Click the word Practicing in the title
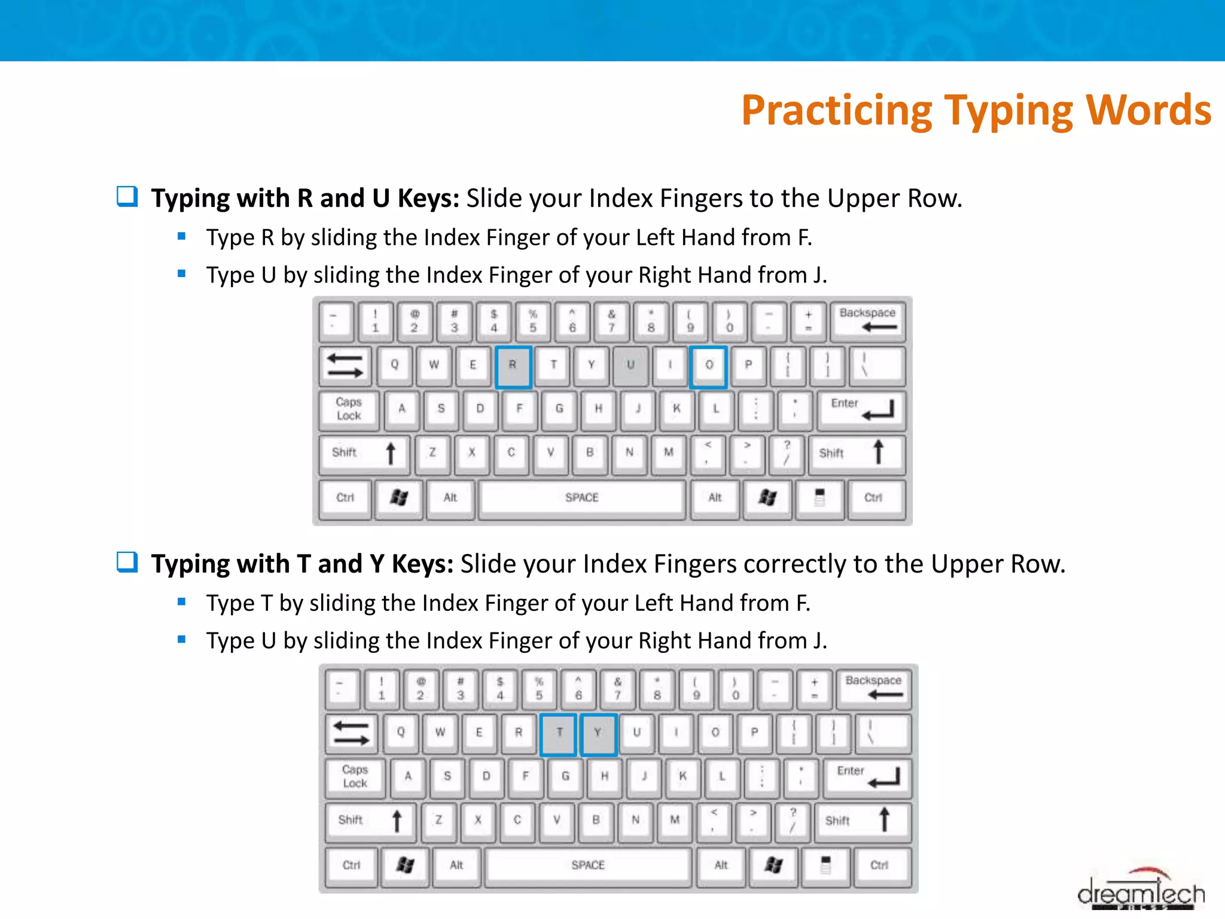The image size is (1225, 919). click(836, 111)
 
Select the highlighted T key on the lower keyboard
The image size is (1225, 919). click(559, 734)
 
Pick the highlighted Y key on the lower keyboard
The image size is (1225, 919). click(598, 734)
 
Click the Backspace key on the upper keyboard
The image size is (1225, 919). click(867, 320)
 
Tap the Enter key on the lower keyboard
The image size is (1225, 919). click(866, 777)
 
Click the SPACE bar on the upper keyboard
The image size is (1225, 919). click(581, 498)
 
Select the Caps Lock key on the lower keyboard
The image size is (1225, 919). click(355, 777)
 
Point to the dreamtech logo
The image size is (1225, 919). click(1140, 892)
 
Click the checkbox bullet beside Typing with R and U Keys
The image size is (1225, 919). click(127, 196)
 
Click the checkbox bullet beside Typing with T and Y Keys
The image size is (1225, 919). click(127, 562)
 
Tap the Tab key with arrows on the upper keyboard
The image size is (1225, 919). click(345, 366)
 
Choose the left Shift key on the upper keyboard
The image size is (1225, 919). click(363, 453)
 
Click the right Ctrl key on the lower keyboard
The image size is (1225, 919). click(879, 866)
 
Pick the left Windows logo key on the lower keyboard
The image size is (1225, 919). click(405, 866)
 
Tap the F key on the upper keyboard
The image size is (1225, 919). click(519, 409)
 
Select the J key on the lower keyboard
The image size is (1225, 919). click(644, 777)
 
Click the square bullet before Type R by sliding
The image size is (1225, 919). click(182, 236)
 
